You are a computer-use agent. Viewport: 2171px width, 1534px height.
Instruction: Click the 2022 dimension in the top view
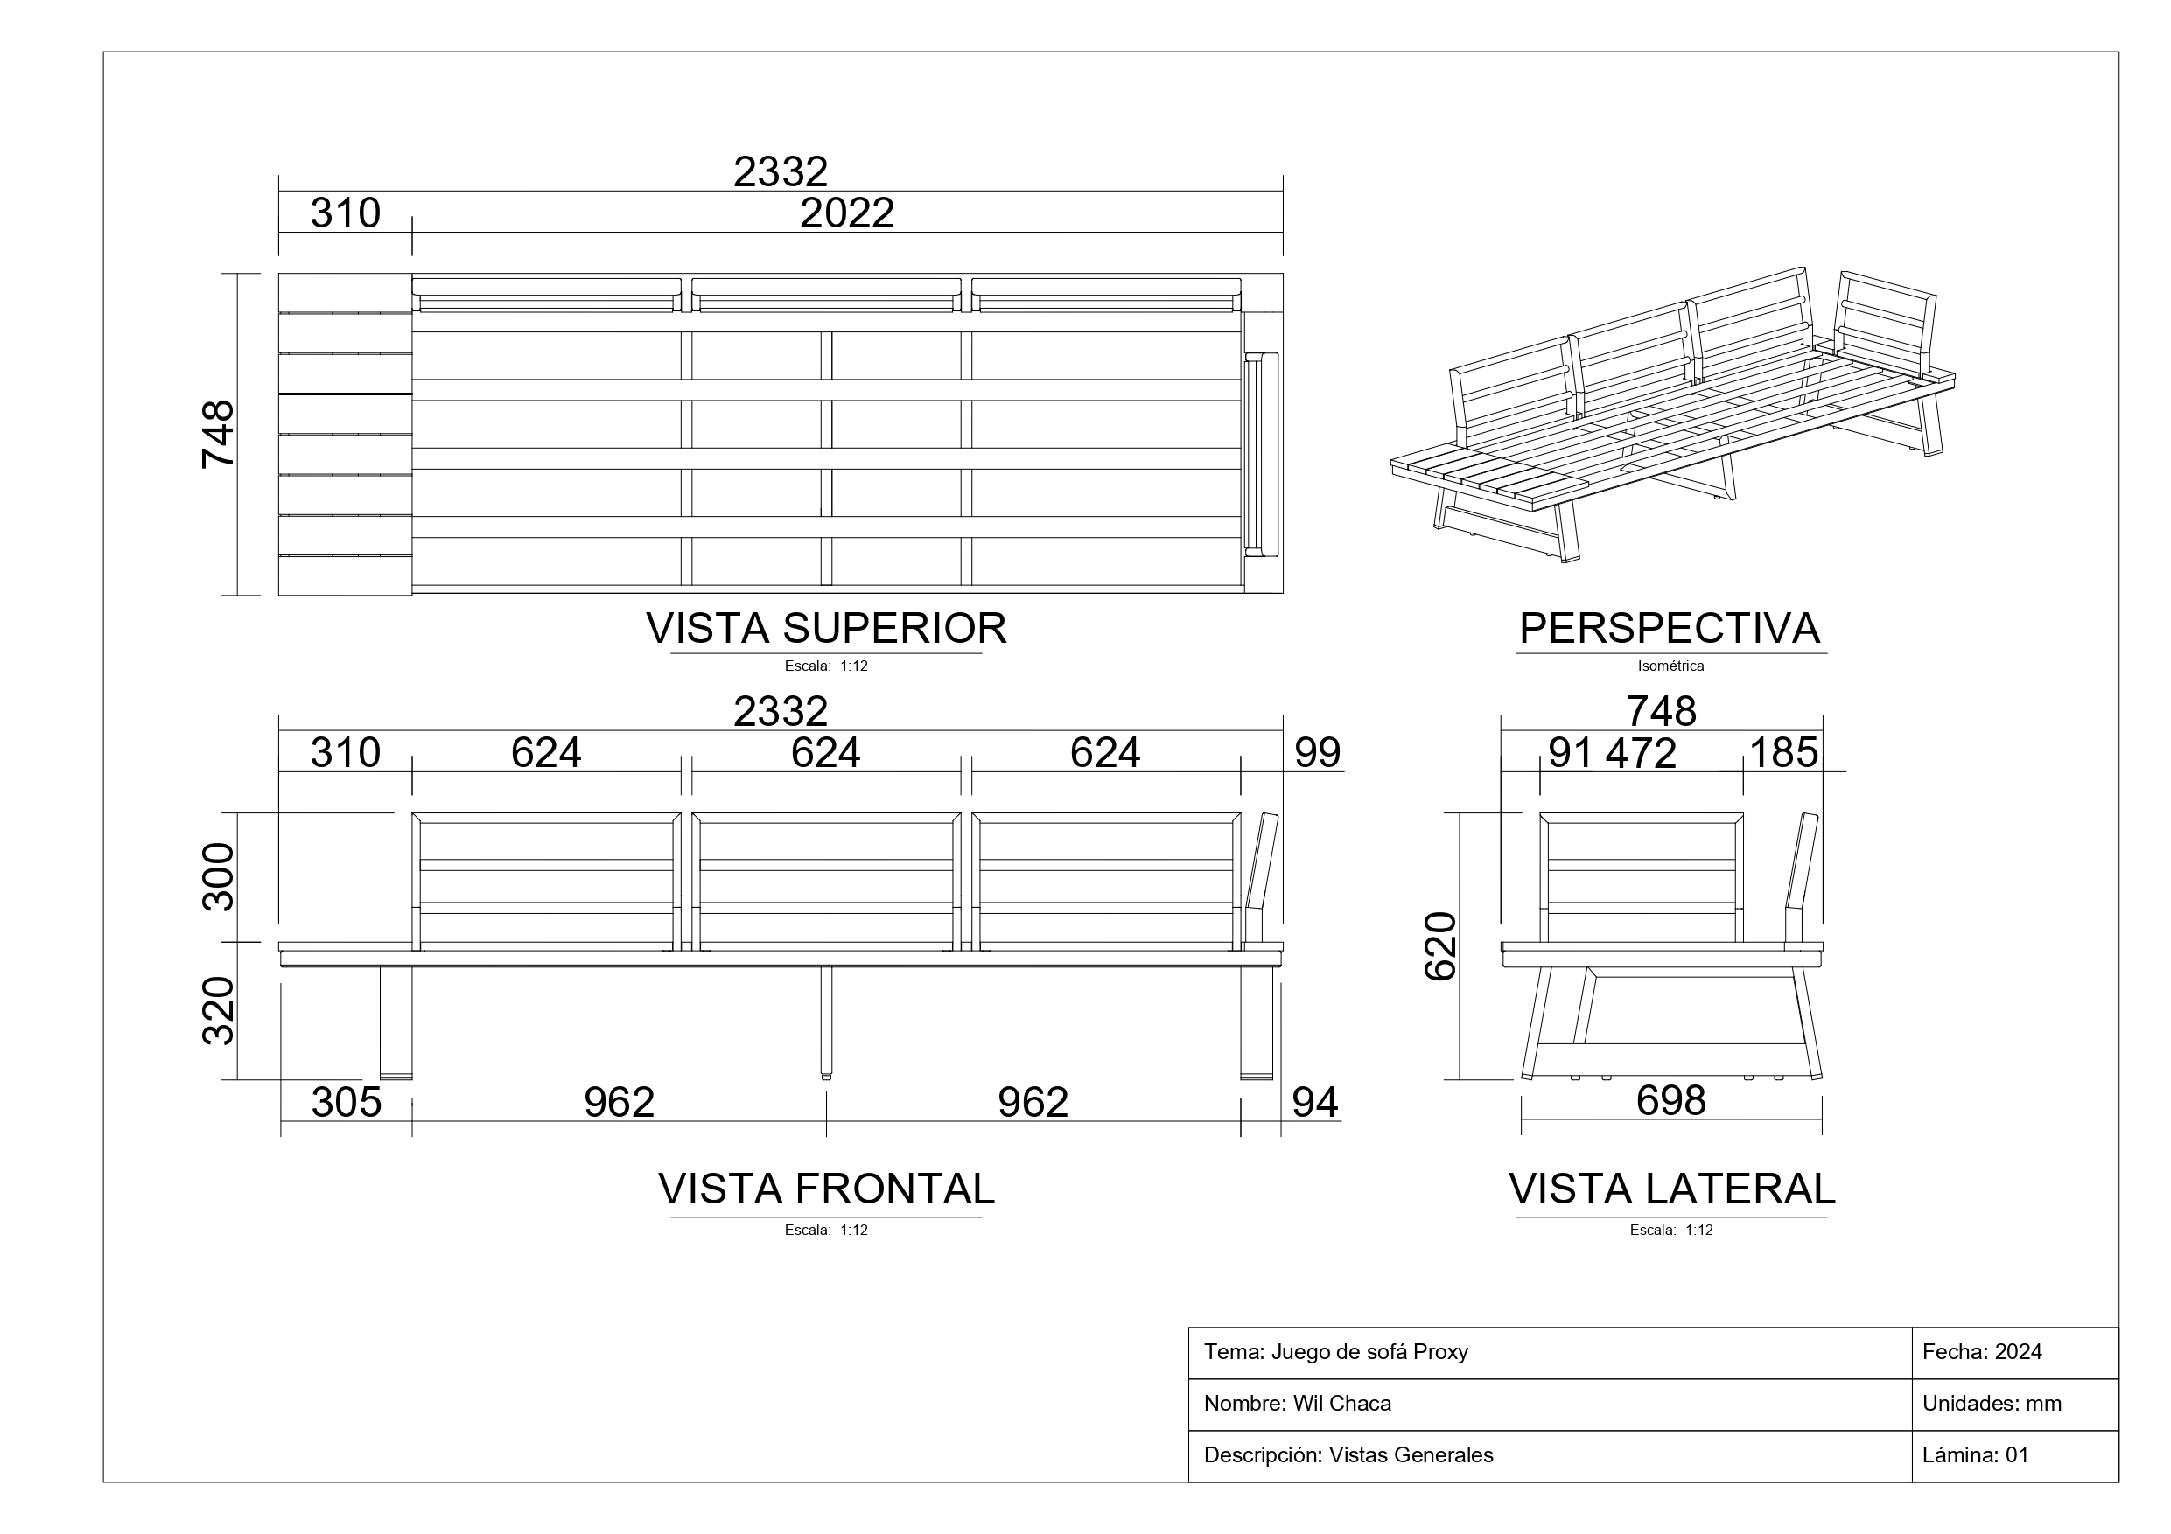[x=846, y=213]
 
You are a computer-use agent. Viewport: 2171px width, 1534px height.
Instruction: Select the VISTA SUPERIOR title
[x=826, y=629]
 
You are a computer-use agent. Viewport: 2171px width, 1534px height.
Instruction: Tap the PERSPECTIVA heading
[x=1670, y=629]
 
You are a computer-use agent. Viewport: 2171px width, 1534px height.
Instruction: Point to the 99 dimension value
[x=1317, y=753]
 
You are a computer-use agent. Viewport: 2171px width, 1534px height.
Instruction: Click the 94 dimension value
[x=1315, y=1103]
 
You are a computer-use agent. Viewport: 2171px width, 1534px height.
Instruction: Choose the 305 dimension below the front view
[x=346, y=1103]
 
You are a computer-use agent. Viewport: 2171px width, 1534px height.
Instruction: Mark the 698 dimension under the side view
[x=1670, y=1101]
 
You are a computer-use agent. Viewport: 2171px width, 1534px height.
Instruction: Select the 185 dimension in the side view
[x=1783, y=753]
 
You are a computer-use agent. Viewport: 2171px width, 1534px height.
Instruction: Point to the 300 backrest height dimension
[x=219, y=876]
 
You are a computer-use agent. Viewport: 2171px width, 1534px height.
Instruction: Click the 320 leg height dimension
[x=219, y=1010]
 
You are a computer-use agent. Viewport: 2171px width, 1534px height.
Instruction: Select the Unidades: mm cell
[x=1992, y=1404]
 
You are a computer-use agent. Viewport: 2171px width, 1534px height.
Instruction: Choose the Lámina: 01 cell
[x=1975, y=1455]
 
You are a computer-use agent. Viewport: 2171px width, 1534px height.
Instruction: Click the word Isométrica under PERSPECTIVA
[x=1670, y=666]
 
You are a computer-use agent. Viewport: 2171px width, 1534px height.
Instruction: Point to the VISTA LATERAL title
[x=1671, y=1189]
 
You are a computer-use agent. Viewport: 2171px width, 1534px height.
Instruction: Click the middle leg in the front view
[x=826, y=1022]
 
